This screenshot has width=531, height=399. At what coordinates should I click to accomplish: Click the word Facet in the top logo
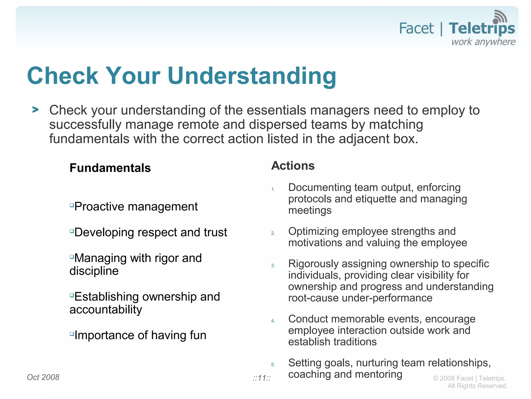[x=416, y=29]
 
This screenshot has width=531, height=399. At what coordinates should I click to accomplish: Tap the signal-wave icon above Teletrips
[x=500, y=17]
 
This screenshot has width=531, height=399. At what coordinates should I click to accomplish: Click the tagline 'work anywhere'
[x=483, y=42]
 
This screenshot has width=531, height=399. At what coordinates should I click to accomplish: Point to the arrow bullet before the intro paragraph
[x=36, y=110]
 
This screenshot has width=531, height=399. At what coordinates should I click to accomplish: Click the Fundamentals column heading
[x=110, y=168]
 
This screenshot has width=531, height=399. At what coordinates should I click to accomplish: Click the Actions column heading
[x=293, y=166]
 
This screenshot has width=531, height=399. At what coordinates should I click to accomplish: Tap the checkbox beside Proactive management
[x=72, y=205]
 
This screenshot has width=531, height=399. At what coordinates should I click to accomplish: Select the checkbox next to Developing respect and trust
[x=72, y=231]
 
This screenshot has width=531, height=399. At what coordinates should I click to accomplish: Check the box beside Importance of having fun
[x=72, y=334]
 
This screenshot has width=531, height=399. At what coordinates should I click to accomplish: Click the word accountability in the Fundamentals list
[x=106, y=310]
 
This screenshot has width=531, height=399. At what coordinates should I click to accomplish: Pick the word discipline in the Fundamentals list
[x=94, y=271]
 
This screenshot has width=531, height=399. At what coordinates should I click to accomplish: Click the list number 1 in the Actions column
[x=273, y=190]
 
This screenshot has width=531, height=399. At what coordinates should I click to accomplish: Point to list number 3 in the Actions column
[x=273, y=266]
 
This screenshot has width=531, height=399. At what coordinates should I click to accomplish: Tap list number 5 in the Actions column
[x=273, y=365]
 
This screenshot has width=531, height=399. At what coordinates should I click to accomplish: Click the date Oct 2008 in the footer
[x=43, y=377]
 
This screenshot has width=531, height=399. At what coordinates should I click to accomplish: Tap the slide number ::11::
[x=262, y=378]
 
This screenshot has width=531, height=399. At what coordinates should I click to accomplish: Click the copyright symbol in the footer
[x=435, y=379]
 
